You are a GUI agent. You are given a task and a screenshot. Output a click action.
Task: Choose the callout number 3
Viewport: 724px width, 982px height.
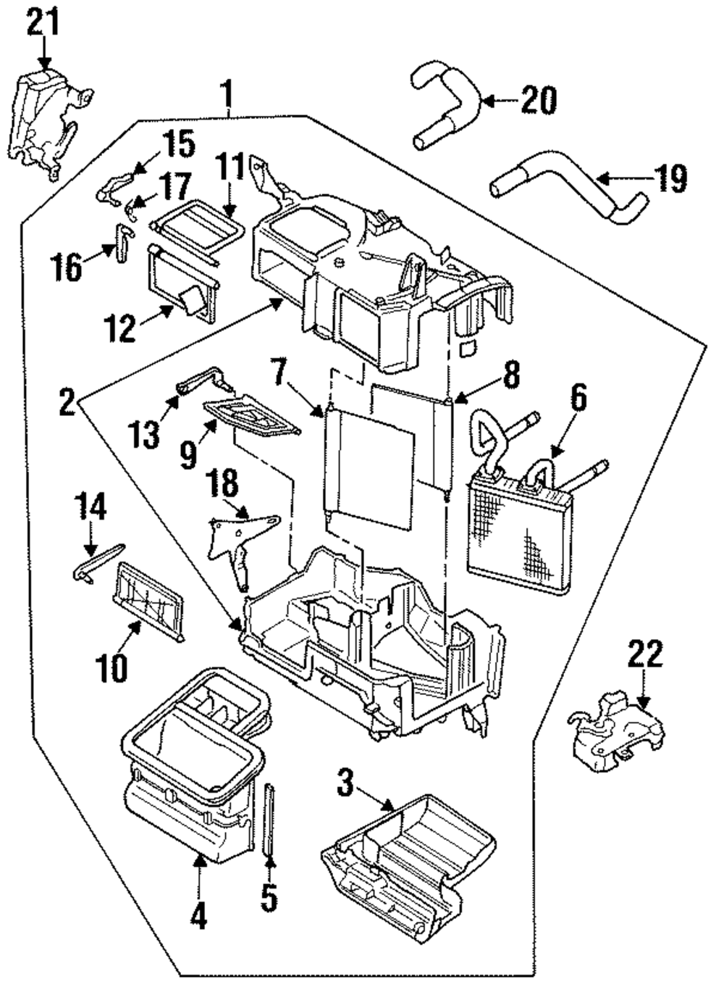(345, 783)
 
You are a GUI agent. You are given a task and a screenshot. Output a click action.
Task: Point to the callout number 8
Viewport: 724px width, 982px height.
(510, 375)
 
